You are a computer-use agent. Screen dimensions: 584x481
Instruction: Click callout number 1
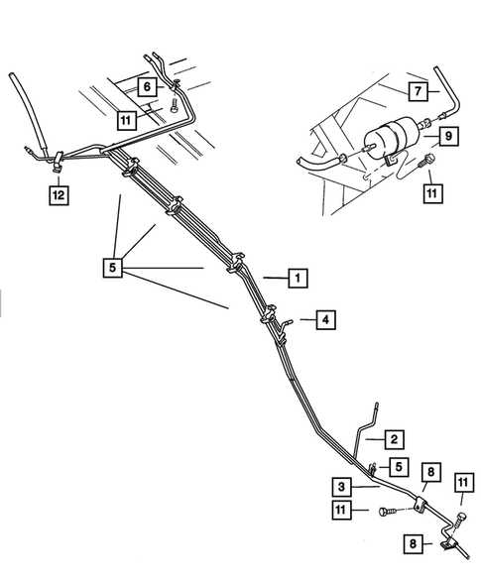tap(295, 279)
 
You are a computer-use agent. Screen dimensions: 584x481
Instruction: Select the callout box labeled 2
tap(394, 438)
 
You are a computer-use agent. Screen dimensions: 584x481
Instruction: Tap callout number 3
tap(340, 487)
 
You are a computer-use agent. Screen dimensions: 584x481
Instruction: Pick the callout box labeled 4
tap(323, 319)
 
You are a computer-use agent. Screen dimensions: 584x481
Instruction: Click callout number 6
tap(147, 87)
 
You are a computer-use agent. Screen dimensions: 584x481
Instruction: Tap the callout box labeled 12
tap(60, 195)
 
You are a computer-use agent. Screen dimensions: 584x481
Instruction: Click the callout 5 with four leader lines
tap(115, 268)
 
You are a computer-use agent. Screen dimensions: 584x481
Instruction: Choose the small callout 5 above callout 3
tap(395, 466)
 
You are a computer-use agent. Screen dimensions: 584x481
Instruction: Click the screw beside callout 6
tap(175, 101)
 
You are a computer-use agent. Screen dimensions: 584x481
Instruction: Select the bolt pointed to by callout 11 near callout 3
tap(387, 512)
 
